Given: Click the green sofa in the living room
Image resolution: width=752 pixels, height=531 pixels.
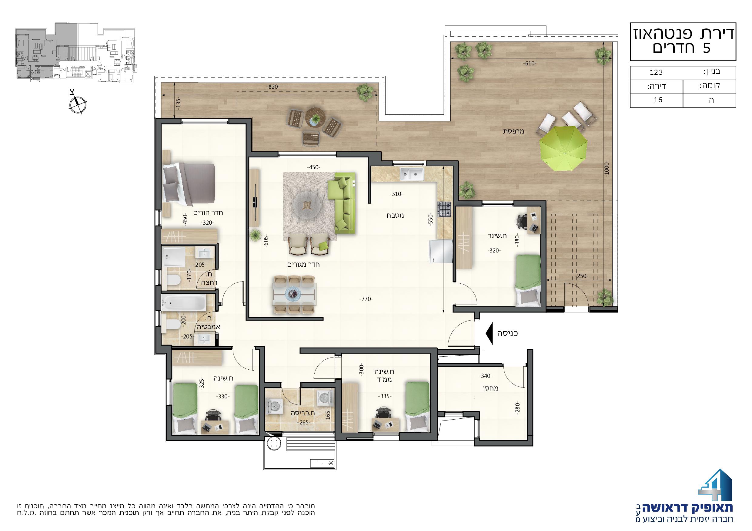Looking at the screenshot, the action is [x=342, y=203].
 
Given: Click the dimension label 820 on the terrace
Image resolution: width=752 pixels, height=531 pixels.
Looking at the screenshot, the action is [x=272, y=87].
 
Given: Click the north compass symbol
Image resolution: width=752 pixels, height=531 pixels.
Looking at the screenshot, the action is [x=78, y=104].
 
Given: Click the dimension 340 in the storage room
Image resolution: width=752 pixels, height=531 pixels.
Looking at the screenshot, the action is [x=486, y=376].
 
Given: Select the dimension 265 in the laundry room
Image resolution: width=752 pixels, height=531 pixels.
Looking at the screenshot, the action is [x=303, y=423].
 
